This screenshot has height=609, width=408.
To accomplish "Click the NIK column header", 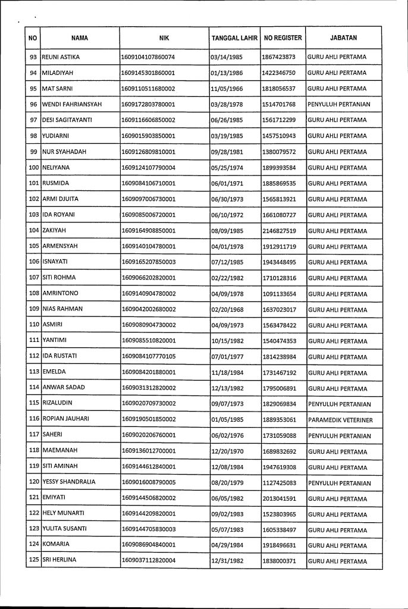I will coord(164,38).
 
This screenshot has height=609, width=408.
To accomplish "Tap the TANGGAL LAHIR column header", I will coord(234,38).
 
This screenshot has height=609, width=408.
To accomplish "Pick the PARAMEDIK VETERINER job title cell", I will coord(341,420).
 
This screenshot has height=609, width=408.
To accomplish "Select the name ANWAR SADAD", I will coord(64,388).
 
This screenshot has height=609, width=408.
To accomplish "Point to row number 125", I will coord(33,561).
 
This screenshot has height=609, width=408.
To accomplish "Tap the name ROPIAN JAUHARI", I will coord(65,420).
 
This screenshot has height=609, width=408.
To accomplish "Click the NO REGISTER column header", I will coord(283,38).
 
